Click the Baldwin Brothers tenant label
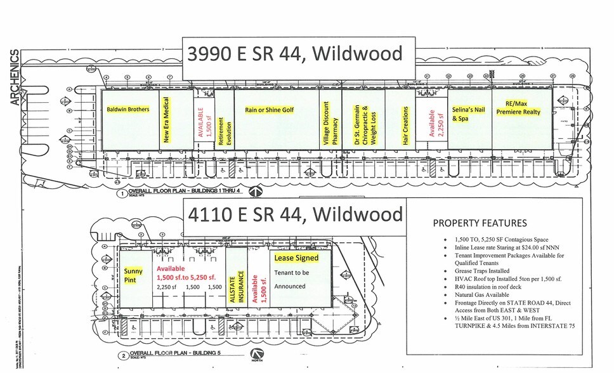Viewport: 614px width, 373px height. pyautogui.click(x=128, y=110)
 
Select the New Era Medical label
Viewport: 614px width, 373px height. pyautogui.click(x=167, y=120)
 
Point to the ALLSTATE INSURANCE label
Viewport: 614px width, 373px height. pyautogui.click(x=236, y=280)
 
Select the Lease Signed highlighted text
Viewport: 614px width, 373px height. pyautogui.click(x=296, y=258)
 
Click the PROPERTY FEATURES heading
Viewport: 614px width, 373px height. pyautogui.click(x=480, y=223)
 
